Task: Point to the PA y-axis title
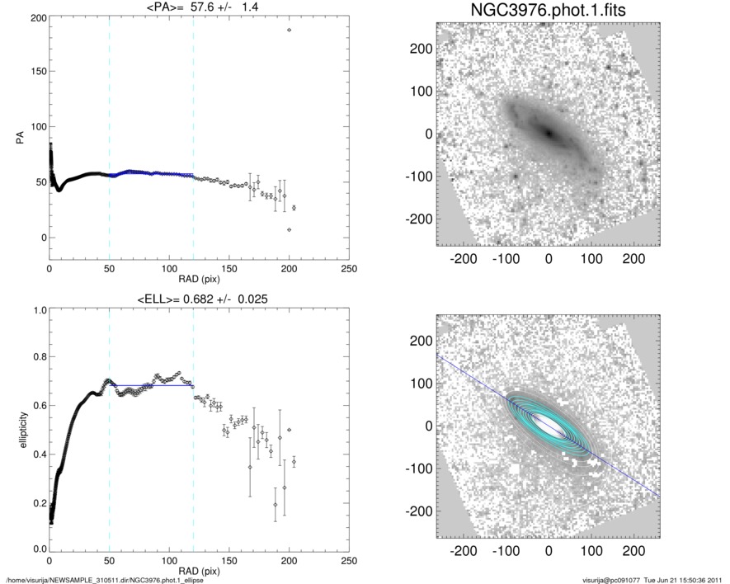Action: [x=18, y=140]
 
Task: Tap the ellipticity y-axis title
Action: [x=18, y=430]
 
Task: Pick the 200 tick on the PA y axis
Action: [x=35, y=17]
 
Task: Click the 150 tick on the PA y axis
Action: [x=35, y=72]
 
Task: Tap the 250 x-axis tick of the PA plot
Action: [x=349, y=270]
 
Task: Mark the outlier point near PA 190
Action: [x=289, y=31]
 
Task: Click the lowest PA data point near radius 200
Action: [x=289, y=229]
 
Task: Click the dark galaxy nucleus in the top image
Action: [x=547, y=132]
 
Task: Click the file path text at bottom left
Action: [x=105, y=580]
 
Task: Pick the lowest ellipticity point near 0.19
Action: [x=276, y=505]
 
